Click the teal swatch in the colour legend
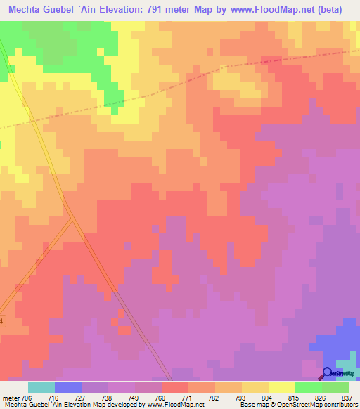tap(41, 387)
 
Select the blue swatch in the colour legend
tap(68, 387)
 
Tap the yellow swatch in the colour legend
tap(282, 387)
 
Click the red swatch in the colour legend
tap(175, 387)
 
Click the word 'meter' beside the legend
tap(11, 397)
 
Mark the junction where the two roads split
tap(72, 219)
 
